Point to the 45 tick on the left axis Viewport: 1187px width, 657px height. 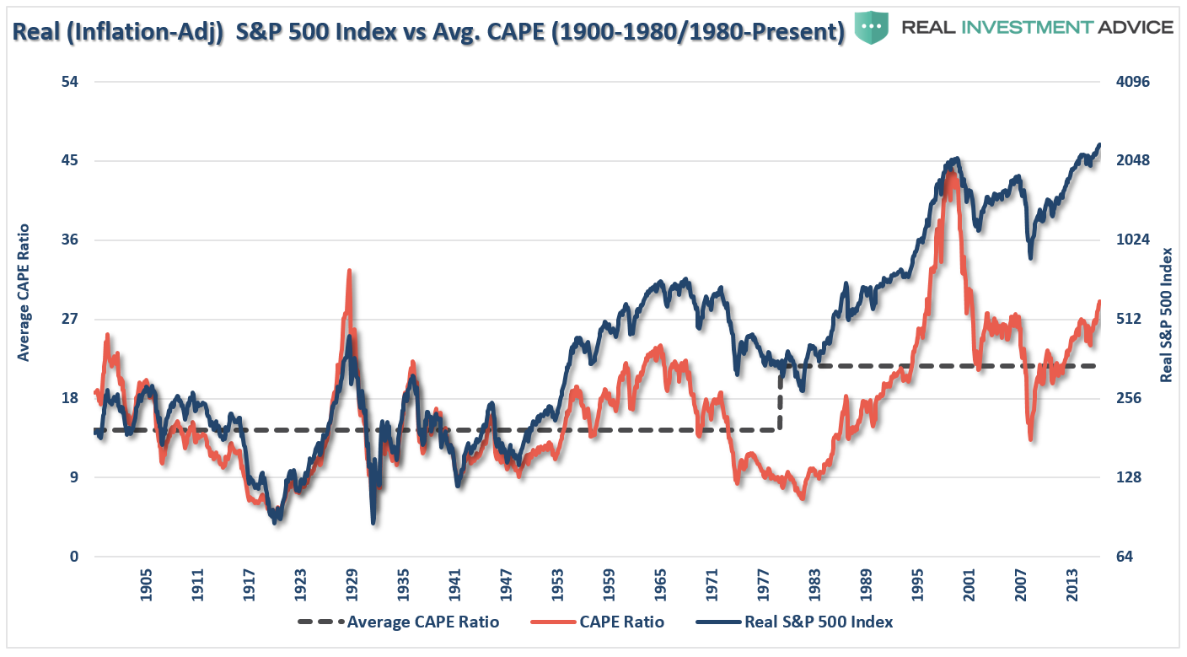(x=68, y=161)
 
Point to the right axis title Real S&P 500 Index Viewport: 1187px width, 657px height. (x=1167, y=315)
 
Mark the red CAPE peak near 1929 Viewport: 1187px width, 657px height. (x=349, y=272)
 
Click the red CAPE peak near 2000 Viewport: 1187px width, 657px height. (x=951, y=174)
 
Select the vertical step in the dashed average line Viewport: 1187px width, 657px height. (x=780, y=398)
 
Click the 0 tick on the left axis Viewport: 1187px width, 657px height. (x=74, y=557)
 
